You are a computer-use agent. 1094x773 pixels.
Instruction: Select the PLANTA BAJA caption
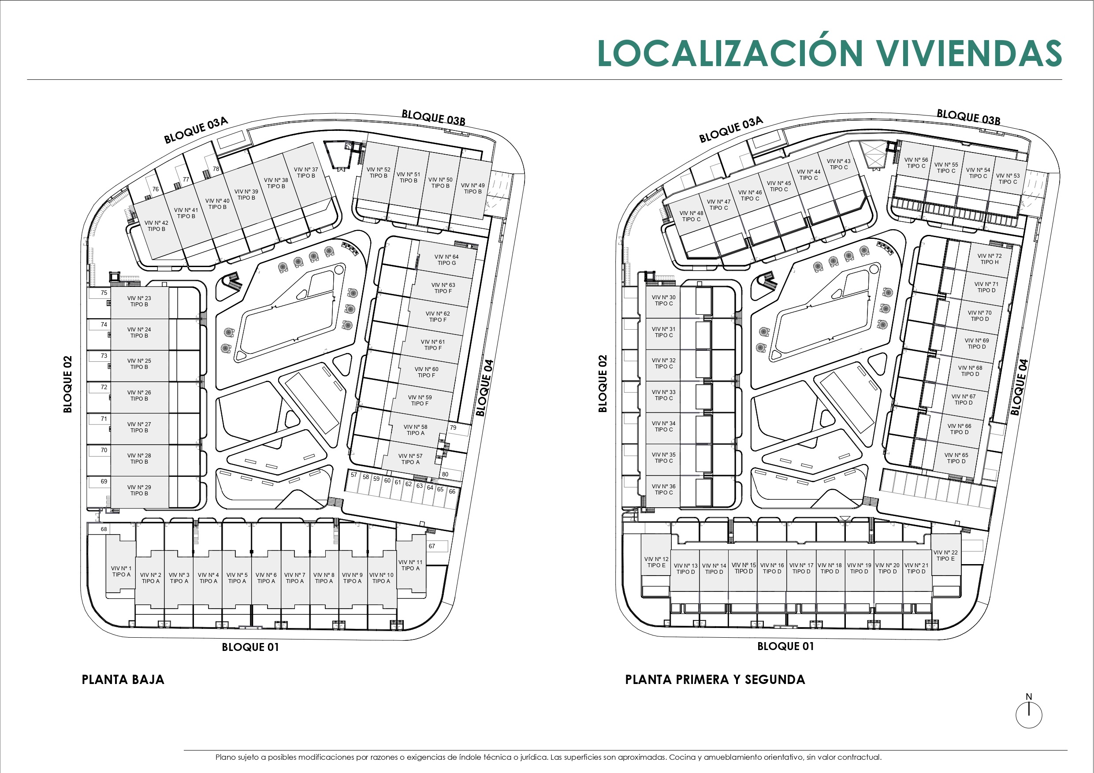123,680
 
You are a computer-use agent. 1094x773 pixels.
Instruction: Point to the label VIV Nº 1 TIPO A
121,572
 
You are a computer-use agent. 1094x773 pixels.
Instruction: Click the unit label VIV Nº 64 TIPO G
447,260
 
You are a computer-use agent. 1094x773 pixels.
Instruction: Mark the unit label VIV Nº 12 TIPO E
656,562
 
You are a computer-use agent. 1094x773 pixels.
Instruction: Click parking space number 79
453,427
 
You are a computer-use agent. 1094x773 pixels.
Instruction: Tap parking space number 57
354,475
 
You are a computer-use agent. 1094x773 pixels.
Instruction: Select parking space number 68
104,529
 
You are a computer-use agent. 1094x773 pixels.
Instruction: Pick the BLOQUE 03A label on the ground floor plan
196,130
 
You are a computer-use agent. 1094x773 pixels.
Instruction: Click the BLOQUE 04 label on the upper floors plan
1019,387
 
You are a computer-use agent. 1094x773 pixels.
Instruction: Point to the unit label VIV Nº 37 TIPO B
306,172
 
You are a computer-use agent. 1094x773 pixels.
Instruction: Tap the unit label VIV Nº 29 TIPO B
139,490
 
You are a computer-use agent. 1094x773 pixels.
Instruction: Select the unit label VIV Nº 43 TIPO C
839,164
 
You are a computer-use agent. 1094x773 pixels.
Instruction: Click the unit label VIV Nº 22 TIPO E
945,555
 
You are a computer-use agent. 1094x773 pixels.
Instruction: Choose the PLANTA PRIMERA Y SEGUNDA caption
715,680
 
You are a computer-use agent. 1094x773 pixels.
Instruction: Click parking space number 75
104,293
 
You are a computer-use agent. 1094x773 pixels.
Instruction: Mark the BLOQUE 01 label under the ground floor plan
250,647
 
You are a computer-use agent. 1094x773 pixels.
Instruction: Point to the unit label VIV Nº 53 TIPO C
1008,178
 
